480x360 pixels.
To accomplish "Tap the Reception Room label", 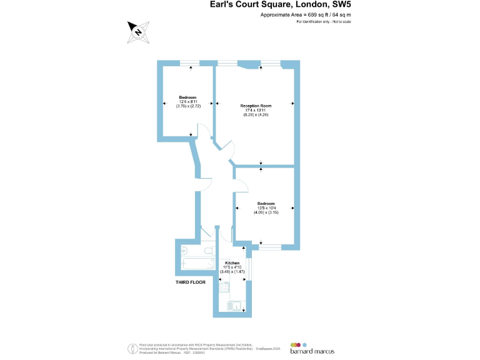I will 256,106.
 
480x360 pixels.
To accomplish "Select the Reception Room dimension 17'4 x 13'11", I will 256,111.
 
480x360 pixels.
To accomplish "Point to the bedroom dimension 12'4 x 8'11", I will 187,102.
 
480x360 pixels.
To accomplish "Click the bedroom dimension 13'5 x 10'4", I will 266,208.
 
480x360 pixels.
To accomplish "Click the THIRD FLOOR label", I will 191,282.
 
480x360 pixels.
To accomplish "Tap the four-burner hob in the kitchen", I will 224,288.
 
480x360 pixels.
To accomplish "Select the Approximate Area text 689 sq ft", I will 306,15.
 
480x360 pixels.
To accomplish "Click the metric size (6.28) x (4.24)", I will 256,115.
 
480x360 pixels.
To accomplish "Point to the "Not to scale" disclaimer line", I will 324,22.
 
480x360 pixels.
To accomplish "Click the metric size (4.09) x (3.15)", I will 266,212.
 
